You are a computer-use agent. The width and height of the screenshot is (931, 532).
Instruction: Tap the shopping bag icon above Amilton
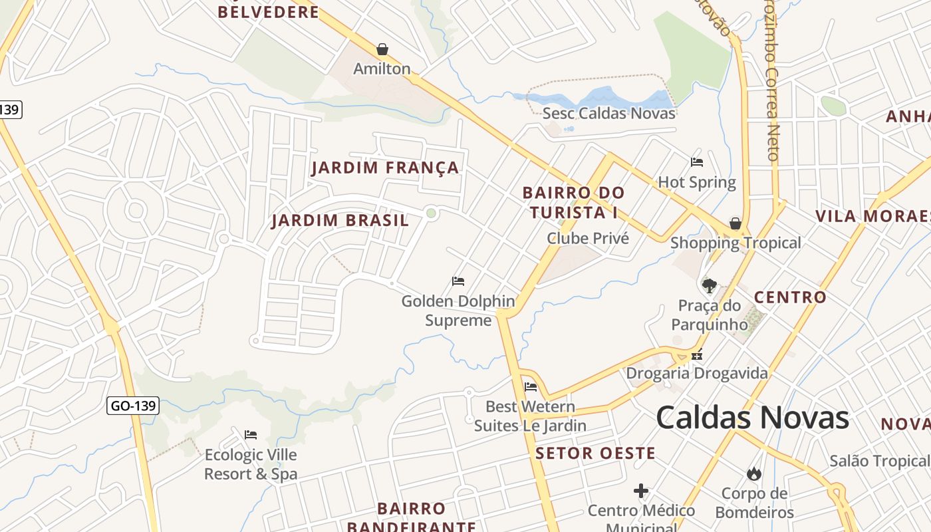pyautogui.click(x=382, y=49)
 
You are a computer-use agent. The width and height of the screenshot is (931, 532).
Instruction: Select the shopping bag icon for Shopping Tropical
pyautogui.click(x=735, y=223)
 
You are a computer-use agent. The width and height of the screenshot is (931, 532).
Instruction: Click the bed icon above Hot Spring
pyautogui.click(x=697, y=162)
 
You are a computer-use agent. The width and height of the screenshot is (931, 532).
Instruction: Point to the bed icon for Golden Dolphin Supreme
pyautogui.click(x=458, y=281)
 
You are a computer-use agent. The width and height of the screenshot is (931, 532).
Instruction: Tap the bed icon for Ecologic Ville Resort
pyautogui.click(x=251, y=435)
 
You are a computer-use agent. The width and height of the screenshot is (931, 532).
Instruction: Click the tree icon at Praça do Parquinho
pyautogui.click(x=709, y=286)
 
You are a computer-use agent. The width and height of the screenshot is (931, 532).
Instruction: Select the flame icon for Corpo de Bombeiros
pyautogui.click(x=753, y=473)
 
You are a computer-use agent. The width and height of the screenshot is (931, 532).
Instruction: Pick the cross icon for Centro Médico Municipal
pyautogui.click(x=641, y=491)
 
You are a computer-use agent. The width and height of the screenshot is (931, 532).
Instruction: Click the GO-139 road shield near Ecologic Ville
pyautogui.click(x=133, y=405)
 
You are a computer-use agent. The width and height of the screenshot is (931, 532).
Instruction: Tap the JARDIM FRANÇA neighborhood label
pyautogui.click(x=386, y=168)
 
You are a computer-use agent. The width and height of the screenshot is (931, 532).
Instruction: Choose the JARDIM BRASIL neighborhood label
pyautogui.click(x=340, y=221)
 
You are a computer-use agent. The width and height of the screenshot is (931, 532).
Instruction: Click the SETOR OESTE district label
pyautogui.click(x=596, y=454)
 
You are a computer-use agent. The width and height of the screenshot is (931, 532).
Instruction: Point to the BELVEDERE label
pyautogui.click(x=269, y=12)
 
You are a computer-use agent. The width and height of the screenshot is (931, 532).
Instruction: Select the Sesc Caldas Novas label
pyautogui.click(x=609, y=113)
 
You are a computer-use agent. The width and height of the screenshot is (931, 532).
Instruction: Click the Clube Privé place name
pyautogui.click(x=588, y=238)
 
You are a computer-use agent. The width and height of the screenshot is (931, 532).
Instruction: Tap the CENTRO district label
pyautogui.click(x=790, y=297)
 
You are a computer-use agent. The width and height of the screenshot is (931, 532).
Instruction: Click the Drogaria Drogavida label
pyautogui.click(x=697, y=373)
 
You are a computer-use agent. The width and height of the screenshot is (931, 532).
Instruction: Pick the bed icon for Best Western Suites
pyautogui.click(x=531, y=387)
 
